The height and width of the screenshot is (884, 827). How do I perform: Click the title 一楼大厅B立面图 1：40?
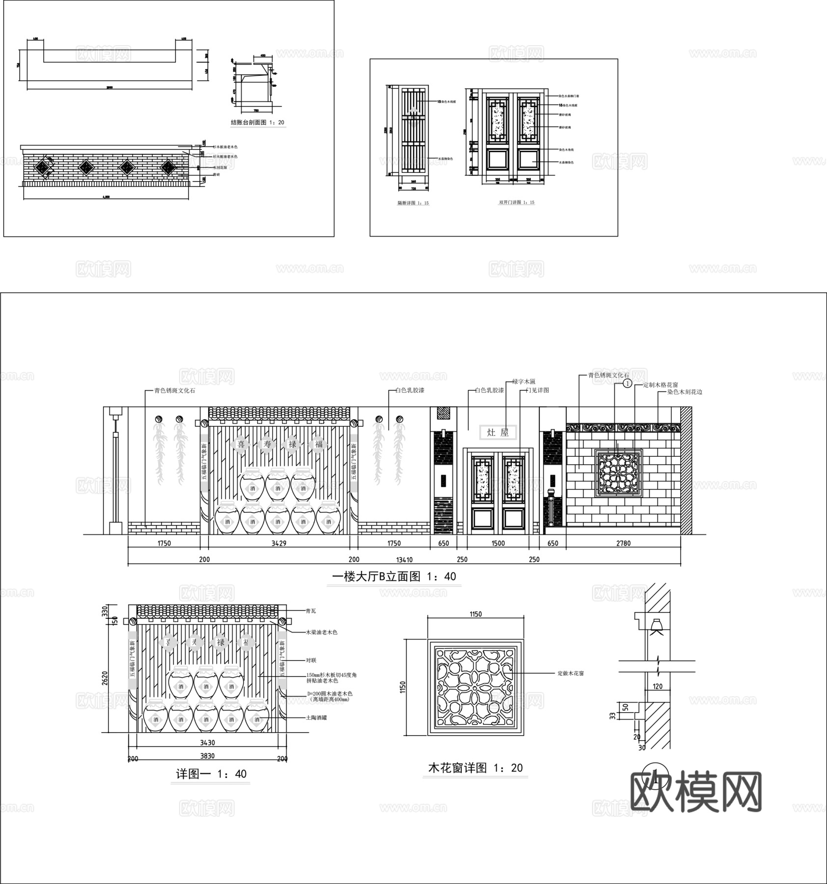coord(394,576)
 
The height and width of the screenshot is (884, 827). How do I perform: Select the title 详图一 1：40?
coord(211,774)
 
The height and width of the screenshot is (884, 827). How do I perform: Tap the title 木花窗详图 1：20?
coord(475,768)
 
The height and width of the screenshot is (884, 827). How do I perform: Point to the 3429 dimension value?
coord(278,543)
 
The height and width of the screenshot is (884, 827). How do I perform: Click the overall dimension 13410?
coord(404,559)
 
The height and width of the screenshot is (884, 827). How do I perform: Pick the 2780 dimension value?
coord(623,543)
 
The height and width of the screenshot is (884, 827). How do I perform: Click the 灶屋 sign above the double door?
coord(498,432)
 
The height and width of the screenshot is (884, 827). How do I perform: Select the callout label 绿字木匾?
coord(524,382)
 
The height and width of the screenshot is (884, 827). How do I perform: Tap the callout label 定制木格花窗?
coord(661,386)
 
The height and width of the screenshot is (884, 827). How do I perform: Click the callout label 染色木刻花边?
coord(684,392)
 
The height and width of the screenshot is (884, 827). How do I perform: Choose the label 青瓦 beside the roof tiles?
coord(310,611)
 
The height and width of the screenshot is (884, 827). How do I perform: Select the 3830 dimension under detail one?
coord(207,756)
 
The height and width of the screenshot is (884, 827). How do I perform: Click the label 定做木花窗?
coord(570,673)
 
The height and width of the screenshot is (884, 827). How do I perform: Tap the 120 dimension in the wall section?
coord(658,687)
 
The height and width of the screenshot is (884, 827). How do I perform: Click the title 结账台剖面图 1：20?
coord(257,122)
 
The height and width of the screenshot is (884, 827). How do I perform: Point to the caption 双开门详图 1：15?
coord(516,202)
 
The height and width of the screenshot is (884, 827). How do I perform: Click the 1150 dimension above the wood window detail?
coord(475,614)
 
